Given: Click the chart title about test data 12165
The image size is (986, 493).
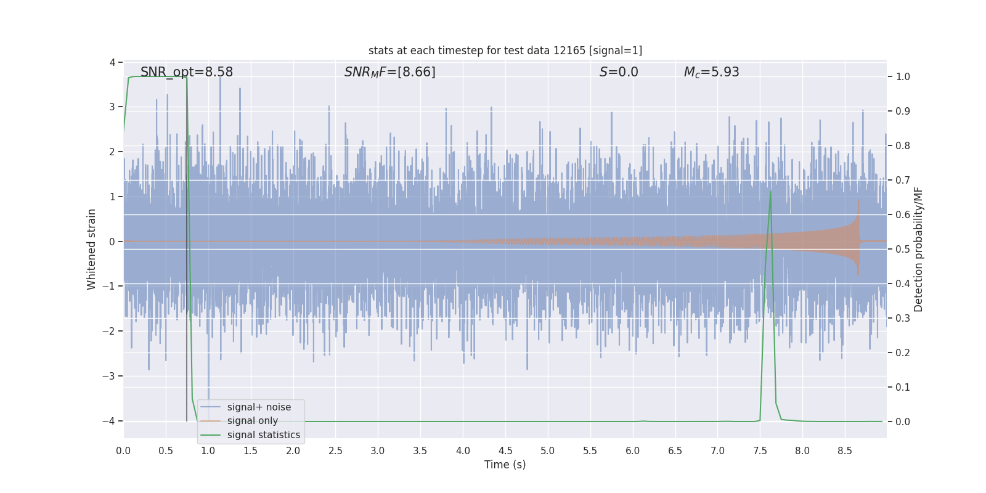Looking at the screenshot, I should tap(505, 51).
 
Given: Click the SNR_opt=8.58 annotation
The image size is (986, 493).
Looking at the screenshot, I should tap(187, 72).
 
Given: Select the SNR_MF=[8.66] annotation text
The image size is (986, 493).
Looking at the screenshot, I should tap(389, 72).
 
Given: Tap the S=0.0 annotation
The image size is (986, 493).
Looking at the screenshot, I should tap(619, 72).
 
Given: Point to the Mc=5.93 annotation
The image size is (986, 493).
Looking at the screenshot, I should tap(711, 72).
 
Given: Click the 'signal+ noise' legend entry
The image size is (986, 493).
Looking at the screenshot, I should tap(259, 407).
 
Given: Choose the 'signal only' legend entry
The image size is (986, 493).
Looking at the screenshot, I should tap(253, 421).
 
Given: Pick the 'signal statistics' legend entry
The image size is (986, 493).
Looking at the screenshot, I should tap(264, 435).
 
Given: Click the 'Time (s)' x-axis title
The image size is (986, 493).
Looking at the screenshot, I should tap(505, 465).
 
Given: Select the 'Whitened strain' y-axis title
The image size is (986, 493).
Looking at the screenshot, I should tap(92, 249).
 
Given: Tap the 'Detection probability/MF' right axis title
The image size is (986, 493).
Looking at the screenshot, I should tap(918, 249).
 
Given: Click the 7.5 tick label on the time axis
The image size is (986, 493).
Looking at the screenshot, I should tap(760, 451).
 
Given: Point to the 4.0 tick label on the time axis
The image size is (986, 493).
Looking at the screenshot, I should tap(463, 451).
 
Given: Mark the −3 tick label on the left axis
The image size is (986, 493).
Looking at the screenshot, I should tap(111, 376).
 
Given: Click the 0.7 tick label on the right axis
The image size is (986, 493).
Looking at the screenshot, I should tap(902, 181).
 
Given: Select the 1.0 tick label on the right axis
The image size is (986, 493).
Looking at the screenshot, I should tap(902, 77).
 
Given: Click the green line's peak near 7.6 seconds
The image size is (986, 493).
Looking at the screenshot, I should tap(770, 192).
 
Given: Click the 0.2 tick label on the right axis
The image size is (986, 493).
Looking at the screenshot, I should tap(902, 353).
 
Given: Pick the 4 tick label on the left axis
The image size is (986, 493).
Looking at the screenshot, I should tap(113, 62).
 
